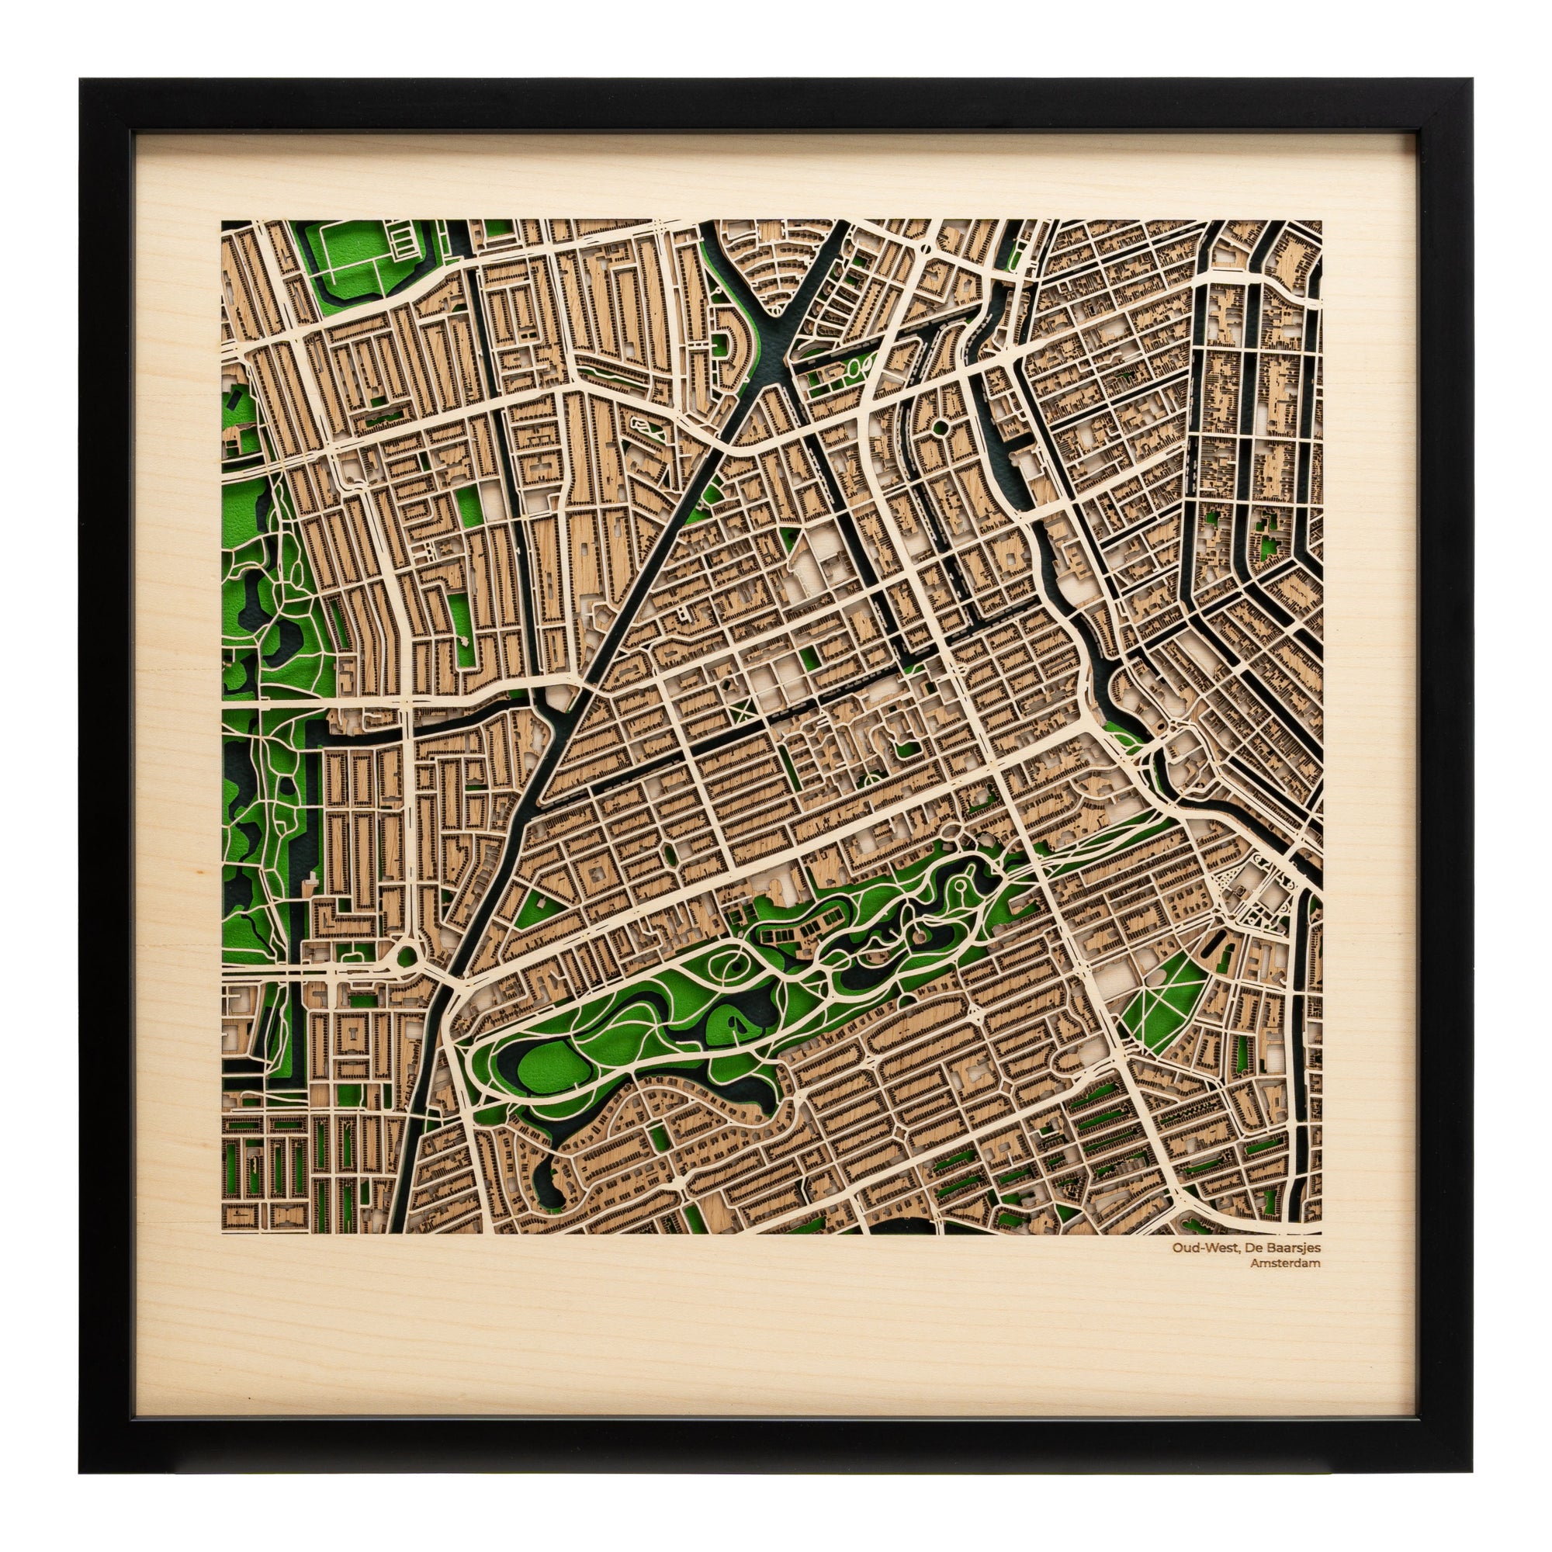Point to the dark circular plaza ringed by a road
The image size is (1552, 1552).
tap(937, 426)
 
